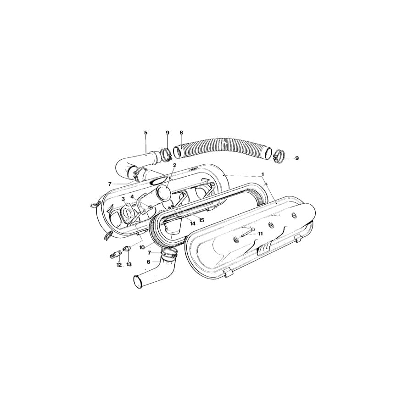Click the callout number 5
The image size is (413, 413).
pos(146,133)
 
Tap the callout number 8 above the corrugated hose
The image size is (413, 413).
pos(181,133)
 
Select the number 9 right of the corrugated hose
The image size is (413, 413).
pos(297,158)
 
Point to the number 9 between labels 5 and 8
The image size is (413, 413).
pos(167,133)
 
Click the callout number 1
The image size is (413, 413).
pos(263,174)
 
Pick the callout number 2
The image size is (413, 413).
pos(175,165)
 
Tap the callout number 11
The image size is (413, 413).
pos(260,234)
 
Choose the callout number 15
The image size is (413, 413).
pos(201,220)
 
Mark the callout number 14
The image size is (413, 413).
pos(192,223)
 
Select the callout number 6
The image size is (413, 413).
pos(149,262)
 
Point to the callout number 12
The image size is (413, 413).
pos(119,265)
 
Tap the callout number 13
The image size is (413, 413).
pos(129,265)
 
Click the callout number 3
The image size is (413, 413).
pos(123,199)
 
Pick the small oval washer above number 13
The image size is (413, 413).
pos(127,250)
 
